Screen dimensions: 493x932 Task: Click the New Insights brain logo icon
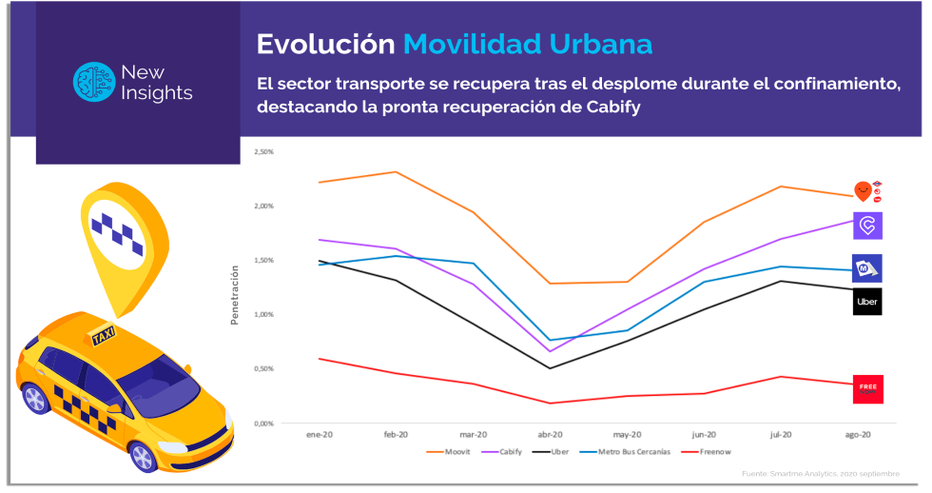tap(93, 82)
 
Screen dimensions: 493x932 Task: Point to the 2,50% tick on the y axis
tap(262, 151)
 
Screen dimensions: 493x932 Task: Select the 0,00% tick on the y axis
tap(262, 423)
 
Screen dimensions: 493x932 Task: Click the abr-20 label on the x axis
tap(549, 434)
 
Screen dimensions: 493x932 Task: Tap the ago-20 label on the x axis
tap(858, 434)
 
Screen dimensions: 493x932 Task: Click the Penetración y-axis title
tap(234, 295)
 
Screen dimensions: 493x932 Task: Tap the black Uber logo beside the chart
tap(866, 302)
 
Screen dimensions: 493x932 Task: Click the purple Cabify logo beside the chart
tap(866, 226)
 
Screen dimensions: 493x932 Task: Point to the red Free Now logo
tap(866, 388)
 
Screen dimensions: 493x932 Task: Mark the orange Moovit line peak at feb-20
tap(395, 172)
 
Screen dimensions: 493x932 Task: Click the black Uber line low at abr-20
tap(549, 368)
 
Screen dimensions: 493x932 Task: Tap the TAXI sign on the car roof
tap(103, 335)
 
